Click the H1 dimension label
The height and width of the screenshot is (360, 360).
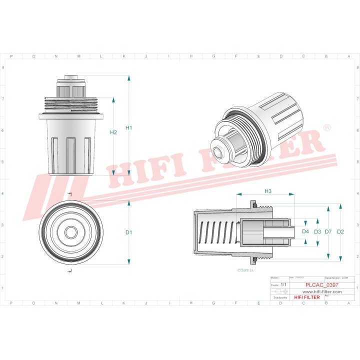(x=128, y=128)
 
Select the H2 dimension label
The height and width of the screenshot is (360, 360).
(x=113, y=132)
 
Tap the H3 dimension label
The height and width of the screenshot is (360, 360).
(x=267, y=191)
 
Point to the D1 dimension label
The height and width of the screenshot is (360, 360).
(x=128, y=232)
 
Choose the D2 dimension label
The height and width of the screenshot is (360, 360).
(x=340, y=231)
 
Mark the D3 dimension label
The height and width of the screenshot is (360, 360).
(x=317, y=231)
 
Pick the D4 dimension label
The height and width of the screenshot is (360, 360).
(x=305, y=231)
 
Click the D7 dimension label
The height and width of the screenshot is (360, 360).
(x=328, y=231)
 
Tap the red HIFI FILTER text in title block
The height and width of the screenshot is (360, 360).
(x=306, y=297)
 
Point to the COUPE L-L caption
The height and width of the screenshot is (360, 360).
(x=245, y=270)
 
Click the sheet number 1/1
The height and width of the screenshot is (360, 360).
(x=284, y=284)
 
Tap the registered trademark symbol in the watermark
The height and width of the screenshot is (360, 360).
(x=326, y=128)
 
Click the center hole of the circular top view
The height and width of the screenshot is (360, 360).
(x=71, y=232)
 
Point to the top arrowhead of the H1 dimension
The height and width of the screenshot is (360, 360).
(x=129, y=78)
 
